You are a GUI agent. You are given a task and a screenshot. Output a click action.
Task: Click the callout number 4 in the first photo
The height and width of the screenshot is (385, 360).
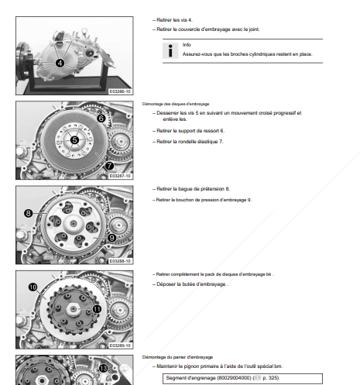pyautogui.click(x=60, y=63)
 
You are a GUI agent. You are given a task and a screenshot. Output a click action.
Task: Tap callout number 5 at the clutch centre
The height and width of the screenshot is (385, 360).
pyautogui.click(x=74, y=140)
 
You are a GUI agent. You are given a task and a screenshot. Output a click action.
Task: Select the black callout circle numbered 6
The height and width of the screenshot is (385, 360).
pyautogui.click(x=101, y=119)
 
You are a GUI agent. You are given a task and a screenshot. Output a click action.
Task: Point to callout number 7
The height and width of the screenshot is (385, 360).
pyautogui.click(x=109, y=166)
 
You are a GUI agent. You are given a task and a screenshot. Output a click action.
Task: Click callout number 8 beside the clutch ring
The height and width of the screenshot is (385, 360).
pyautogui.click(x=28, y=213)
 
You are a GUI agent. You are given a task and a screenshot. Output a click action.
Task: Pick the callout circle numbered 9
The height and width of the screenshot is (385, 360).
pyautogui.click(x=111, y=238)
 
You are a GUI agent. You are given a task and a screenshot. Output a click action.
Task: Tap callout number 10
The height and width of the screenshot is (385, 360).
pyautogui.click(x=33, y=287)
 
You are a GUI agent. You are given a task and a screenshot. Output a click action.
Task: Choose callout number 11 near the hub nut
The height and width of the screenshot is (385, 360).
pyautogui.click(x=97, y=309)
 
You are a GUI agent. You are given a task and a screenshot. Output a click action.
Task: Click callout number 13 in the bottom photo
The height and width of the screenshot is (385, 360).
pyautogui.click(x=103, y=369)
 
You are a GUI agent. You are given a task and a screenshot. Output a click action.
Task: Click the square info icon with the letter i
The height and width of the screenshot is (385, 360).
pyautogui.click(x=170, y=50)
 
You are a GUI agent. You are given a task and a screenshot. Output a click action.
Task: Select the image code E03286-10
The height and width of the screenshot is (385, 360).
pyautogui.click(x=120, y=91)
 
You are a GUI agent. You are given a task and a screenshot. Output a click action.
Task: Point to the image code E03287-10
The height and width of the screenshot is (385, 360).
pyautogui.click(x=120, y=176)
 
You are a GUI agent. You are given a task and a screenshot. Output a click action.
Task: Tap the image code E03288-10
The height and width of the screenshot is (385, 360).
pyautogui.click(x=120, y=261)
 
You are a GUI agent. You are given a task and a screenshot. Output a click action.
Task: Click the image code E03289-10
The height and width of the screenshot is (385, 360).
pyautogui.click(x=120, y=345)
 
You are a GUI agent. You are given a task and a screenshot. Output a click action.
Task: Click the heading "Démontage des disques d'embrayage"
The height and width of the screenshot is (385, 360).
pyautogui.click(x=176, y=104)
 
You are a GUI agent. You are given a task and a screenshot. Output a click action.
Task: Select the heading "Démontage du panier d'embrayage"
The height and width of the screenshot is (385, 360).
pyautogui.click(x=177, y=357)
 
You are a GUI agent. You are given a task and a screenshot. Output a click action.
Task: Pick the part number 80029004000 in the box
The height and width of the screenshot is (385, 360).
pyautogui.click(x=235, y=378)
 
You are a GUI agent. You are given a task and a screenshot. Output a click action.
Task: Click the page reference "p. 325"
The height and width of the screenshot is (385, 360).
pyautogui.click(x=271, y=378)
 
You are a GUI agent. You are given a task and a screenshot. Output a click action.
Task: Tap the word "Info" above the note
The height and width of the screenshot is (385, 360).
pyautogui.click(x=187, y=45)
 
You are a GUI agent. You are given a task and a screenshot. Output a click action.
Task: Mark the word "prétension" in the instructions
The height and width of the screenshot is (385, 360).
pyautogui.click(x=208, y=189)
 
